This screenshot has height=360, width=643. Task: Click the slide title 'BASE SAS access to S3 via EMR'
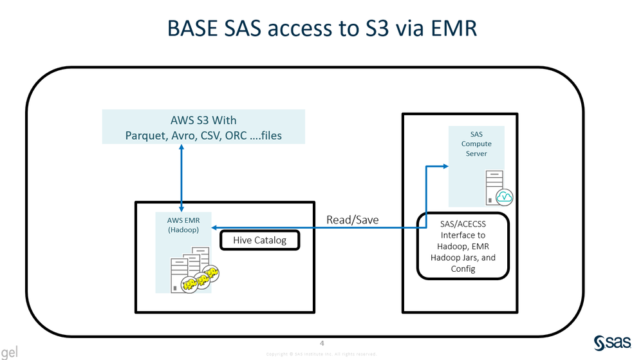click(x=321, y=28)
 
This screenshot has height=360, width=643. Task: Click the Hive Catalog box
click(x=260, y=240)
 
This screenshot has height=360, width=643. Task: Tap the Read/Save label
click(x=352, y=220)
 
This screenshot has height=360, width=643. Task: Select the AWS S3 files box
click(x=203, y=127)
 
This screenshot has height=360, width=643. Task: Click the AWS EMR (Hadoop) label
click(x=183, y=225)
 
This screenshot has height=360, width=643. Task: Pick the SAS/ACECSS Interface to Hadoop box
click(x=463, y=245)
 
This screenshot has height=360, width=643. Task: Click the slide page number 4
click(x=322, y=343)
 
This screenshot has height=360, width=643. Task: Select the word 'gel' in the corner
click(x=9, y=352)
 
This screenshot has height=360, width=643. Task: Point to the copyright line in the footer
click(x=321, y=354)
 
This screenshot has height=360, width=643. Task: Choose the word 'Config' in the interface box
click(x=463, y=269)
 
